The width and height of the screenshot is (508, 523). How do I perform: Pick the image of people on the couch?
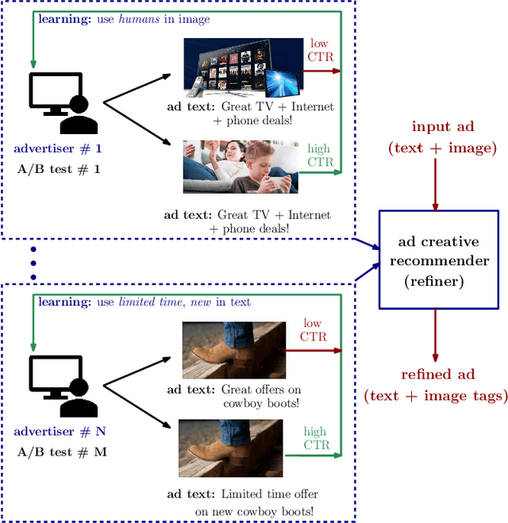[x=241, y=167]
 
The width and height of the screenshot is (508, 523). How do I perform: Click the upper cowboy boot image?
[x=233, y=349]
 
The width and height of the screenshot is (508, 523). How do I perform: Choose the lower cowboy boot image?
[x=230, y=449]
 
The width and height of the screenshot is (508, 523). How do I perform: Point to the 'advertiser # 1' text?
[x=58, y=149]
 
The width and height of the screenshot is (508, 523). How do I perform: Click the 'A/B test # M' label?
[x=62, y=452]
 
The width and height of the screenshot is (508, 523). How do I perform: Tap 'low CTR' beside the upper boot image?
[x=314, y=330]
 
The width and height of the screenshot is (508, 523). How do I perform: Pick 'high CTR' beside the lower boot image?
[x=315, y=438]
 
